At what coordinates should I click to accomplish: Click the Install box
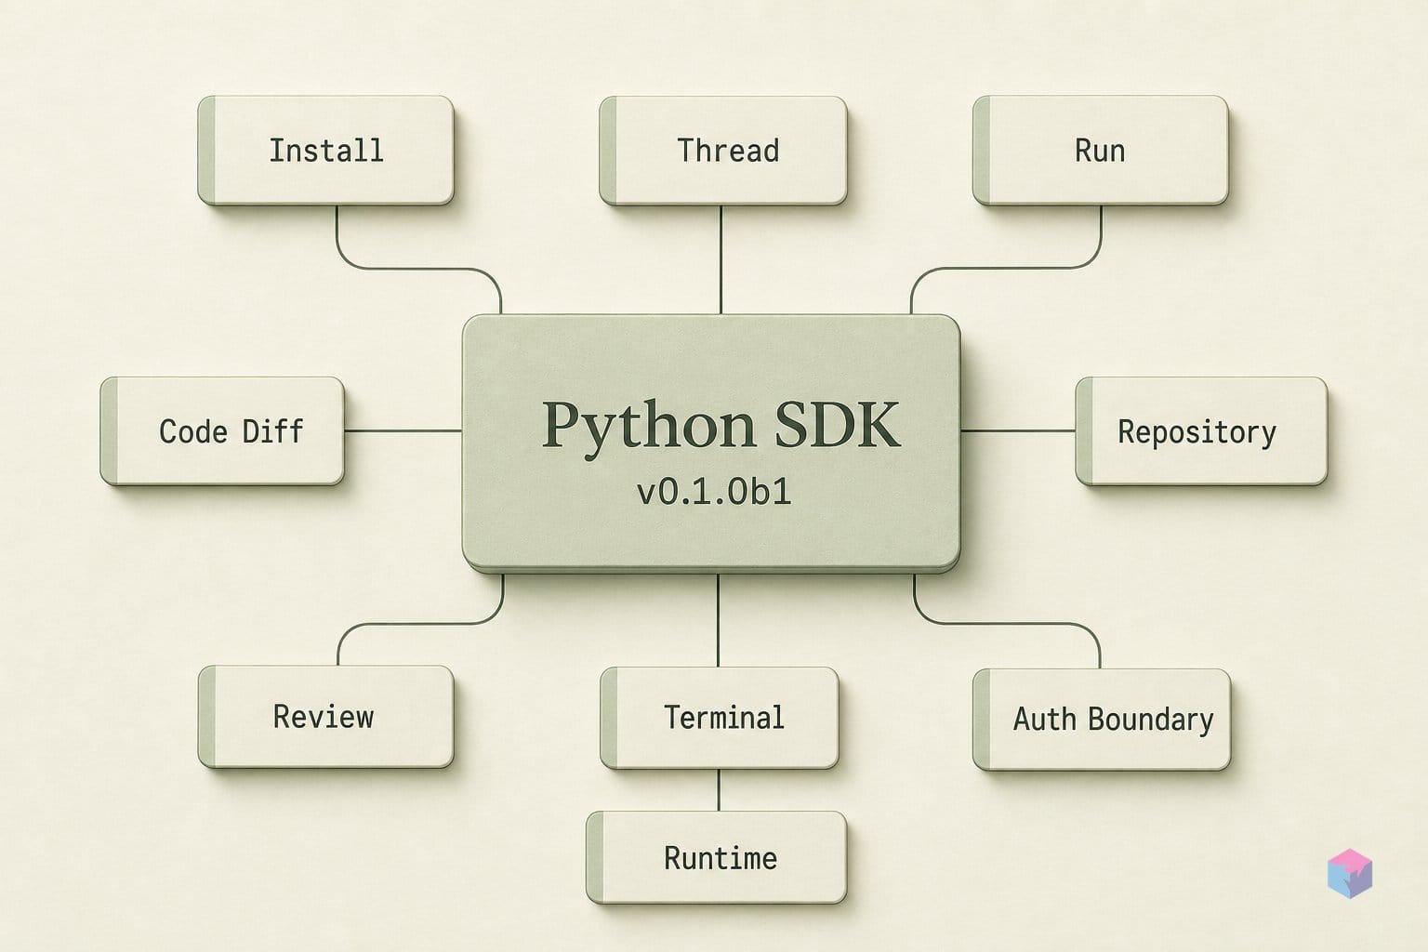325,151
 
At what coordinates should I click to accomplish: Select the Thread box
723,151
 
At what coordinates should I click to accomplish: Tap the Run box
1101,151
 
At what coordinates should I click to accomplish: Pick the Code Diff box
222,431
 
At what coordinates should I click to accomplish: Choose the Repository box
1201,431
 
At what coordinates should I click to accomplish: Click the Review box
325,717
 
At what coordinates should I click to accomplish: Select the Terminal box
719,718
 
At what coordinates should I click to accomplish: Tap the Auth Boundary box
1102,720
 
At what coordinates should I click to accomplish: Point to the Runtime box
717,857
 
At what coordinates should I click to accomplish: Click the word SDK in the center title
837,424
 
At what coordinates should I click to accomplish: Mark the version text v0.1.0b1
714,492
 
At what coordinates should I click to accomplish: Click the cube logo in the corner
1350,874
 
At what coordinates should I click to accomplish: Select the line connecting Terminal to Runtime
719,790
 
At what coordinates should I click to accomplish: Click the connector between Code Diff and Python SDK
403,431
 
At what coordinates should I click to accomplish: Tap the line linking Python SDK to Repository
1018,431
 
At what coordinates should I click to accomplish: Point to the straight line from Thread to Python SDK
721,259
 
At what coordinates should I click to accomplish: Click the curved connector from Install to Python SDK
419,269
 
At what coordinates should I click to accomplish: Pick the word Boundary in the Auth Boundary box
1151,721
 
